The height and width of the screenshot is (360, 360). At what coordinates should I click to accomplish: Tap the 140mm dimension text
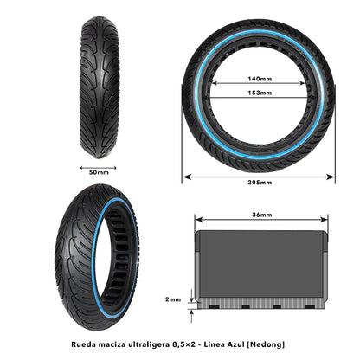coord(258,77)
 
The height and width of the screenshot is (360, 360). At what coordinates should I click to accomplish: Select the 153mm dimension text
coord(258,93)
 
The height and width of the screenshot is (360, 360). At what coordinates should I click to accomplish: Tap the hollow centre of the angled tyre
coord(112,263)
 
